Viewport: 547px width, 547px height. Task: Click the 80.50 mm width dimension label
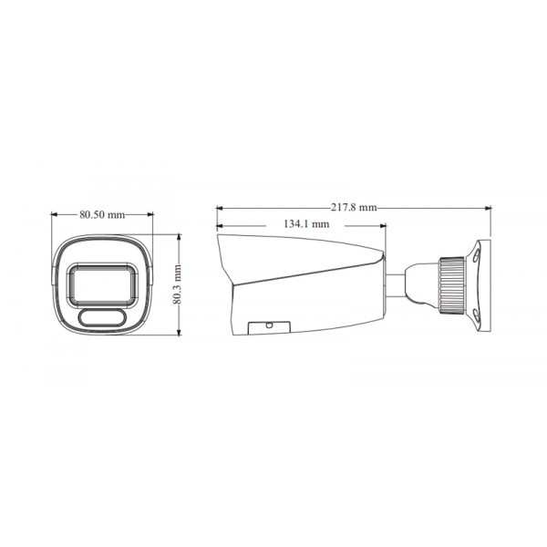tap(102, 216)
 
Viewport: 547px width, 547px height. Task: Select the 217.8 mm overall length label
tap(355, 208)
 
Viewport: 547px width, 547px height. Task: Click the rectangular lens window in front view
tap(102, 282)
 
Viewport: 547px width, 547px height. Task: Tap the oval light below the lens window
tap(102, 316)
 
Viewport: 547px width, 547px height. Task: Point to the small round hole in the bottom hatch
tap(270, 324)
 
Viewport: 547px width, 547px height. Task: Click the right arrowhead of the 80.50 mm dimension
tap(150, 216)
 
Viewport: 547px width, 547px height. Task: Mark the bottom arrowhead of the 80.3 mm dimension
tap(178, 335)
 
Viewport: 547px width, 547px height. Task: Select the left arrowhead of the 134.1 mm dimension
tap(220, 223)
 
